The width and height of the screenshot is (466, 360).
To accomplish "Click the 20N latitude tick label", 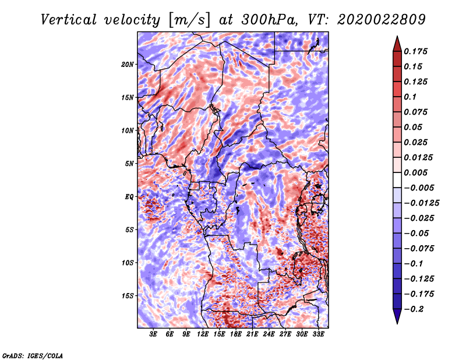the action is pyautogui.click(x=128, y=65).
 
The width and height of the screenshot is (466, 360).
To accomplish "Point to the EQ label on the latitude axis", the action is pyautogui.click(x=129, y=197).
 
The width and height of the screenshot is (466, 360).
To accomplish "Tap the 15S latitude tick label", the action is pyautogui.click(x=128, y=296).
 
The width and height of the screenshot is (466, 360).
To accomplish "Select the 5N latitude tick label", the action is pyautogui.click(x=129, y=164).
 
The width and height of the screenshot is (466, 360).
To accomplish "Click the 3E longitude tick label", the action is pyautogui.click(x=153, y=334).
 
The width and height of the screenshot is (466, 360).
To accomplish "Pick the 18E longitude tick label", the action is pyautogui.click(x=236, y=334).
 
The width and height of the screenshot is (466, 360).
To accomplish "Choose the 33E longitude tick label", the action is pyautogui.click(x=318, y=334).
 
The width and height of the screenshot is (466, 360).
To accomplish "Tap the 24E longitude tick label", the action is pyautogui.click(x=269, y=334).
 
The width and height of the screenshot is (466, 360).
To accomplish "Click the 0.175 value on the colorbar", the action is pyautogui.click(x=415, y=51).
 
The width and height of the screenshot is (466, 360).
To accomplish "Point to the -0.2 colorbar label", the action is pyautogui.click(x=414, y=309).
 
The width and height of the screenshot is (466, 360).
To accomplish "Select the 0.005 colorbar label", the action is pyautogui.click(x=415, y=172).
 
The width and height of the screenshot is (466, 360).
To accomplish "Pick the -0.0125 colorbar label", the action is pyautogui.click(x=421, y=203).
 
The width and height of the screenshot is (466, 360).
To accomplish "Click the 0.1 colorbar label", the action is pyautogui.click(x=410, y=97).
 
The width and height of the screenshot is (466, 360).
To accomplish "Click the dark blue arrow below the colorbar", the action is pyautogui.click(x=397, y=316).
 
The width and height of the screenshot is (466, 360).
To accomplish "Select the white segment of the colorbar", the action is pyautogui.click(x=397, y=180).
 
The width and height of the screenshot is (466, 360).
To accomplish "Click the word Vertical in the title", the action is pyautogui.click(x=69, y=20).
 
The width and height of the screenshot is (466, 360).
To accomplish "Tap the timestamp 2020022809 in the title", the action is pyautogui.click(x=382, y=20).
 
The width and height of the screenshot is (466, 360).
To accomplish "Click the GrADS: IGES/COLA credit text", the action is pyautogui.click(x=33, y=355).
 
